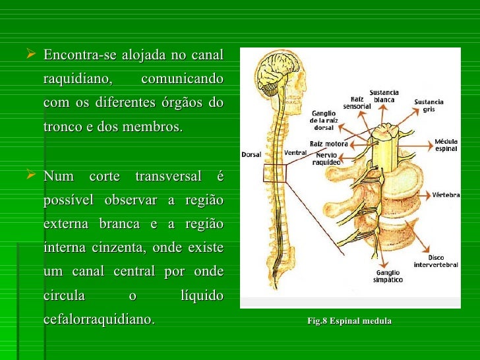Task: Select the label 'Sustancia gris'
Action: coord(429,105)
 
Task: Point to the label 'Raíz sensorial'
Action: coord(357,102)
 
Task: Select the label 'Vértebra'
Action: coord(446,195)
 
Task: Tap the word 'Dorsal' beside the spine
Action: coord(252,155)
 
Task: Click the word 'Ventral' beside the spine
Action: coord(295,153)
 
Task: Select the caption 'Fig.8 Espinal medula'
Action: coord(349,321)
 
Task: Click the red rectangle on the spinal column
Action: coord(273,173)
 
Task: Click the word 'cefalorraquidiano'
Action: coord(99,320)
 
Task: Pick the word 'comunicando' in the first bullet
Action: coord(182,78)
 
